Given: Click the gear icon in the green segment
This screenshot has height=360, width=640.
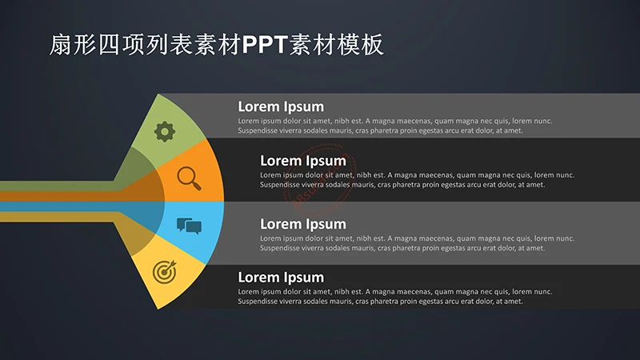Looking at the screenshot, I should [165, 131].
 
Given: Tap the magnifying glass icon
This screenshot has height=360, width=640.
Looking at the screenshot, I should [188, 177].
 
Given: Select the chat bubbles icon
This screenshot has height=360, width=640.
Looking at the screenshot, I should [189, 226].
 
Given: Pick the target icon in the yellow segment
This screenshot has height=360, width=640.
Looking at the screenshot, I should [164, 272].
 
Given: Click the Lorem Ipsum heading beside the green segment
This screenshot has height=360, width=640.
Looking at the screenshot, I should [281, 106].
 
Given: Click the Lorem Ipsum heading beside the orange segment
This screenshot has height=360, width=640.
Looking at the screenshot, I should [303, 161].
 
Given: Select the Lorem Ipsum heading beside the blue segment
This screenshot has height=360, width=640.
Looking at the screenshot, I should [303, 224].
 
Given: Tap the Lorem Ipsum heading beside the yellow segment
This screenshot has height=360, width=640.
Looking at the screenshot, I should [281, 278].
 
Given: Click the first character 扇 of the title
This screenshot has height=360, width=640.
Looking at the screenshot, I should [61, 46].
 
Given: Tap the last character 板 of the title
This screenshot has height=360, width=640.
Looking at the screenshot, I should [373, 46].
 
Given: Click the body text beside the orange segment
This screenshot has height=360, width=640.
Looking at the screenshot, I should [417, 180].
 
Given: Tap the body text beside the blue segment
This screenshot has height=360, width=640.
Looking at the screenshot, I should [417, 243].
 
